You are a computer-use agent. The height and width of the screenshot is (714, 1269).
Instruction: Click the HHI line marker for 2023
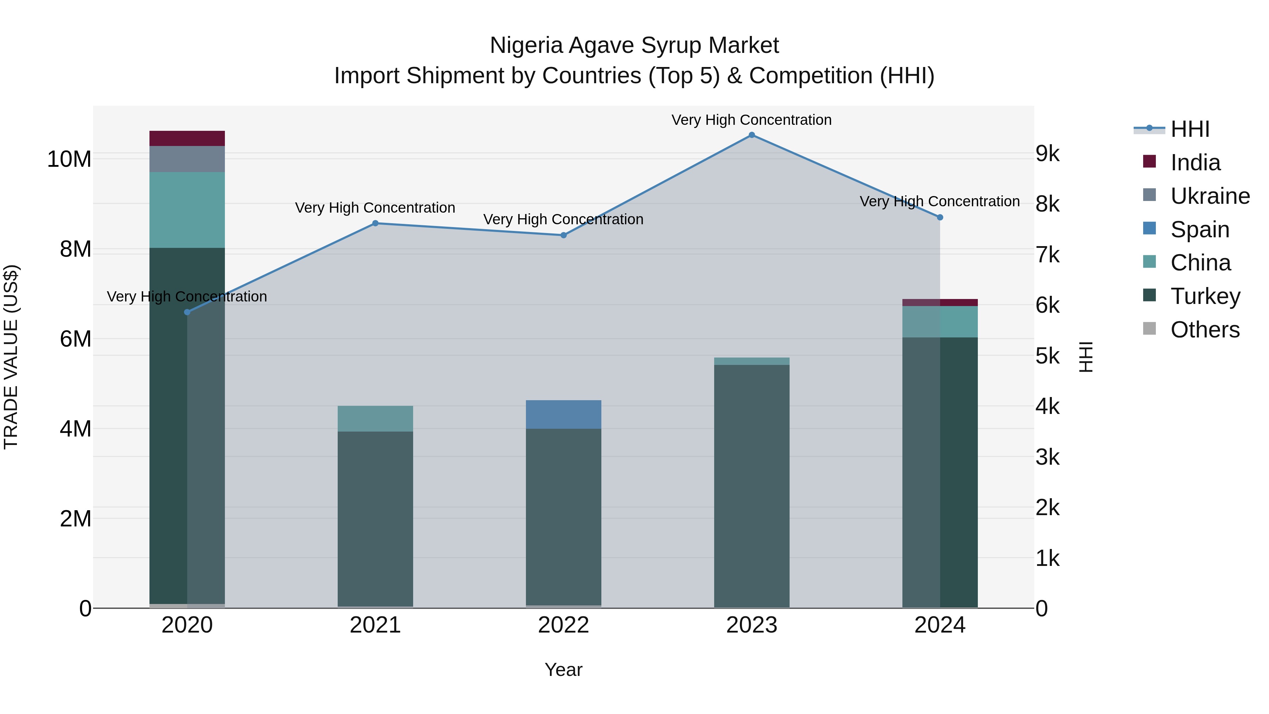click(752, 135)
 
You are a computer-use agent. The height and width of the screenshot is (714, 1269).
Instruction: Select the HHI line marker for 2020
click(187, 312)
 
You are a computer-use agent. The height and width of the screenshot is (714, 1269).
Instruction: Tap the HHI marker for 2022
click(564, 235)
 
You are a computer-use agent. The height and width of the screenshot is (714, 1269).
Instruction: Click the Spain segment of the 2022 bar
click(564, 414)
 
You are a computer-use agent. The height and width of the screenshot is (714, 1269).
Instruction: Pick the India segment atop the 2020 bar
click(187, 139)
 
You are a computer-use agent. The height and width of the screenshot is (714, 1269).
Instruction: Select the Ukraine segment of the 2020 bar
click(187, 159)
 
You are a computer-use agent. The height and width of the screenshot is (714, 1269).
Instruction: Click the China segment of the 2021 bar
click(375, 419)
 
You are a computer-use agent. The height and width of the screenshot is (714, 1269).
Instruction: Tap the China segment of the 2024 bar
click(940, 322)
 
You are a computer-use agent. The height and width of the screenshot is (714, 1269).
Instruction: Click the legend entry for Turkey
click(1205, 296)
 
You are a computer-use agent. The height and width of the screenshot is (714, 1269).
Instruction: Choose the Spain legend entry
click(1200, 230)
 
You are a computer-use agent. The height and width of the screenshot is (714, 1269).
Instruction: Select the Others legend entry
click(1204, 330)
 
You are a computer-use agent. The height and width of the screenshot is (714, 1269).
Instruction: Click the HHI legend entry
click(1190, 129)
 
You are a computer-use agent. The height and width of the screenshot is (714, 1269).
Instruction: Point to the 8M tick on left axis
click(75, 249)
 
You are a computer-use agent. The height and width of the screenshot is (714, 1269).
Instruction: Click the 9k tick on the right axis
click(1047, 154)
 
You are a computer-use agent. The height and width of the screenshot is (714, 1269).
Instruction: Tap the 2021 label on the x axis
click(375, 625)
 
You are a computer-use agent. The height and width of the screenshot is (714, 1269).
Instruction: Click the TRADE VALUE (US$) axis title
click(11, 357)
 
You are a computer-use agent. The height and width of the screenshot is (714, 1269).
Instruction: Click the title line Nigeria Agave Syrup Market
click(634, 45)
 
